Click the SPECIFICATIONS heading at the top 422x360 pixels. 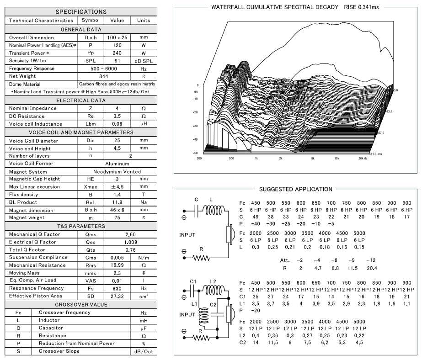[x=81, y=11]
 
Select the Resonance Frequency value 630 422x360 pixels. [x=118, y=288]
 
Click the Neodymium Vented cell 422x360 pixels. [x=118, y=172]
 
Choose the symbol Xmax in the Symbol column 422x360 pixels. [x=91, y=187]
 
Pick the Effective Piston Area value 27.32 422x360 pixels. [x=118, y=296]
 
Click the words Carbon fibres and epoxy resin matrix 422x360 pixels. [x=118, y=84]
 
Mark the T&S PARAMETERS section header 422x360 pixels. [x=81, y=226]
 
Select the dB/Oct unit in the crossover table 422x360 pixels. [x=143, y=351]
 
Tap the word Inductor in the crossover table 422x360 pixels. [x=49, y=320]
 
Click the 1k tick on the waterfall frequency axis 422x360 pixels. [x=256, y=158]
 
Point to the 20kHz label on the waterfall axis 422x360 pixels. [x=363, y=158]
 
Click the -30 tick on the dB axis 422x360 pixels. [x=195, y=126]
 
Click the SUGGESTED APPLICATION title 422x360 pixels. [x=295, y=189]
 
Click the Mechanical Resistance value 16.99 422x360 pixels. [x=118, y=265]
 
